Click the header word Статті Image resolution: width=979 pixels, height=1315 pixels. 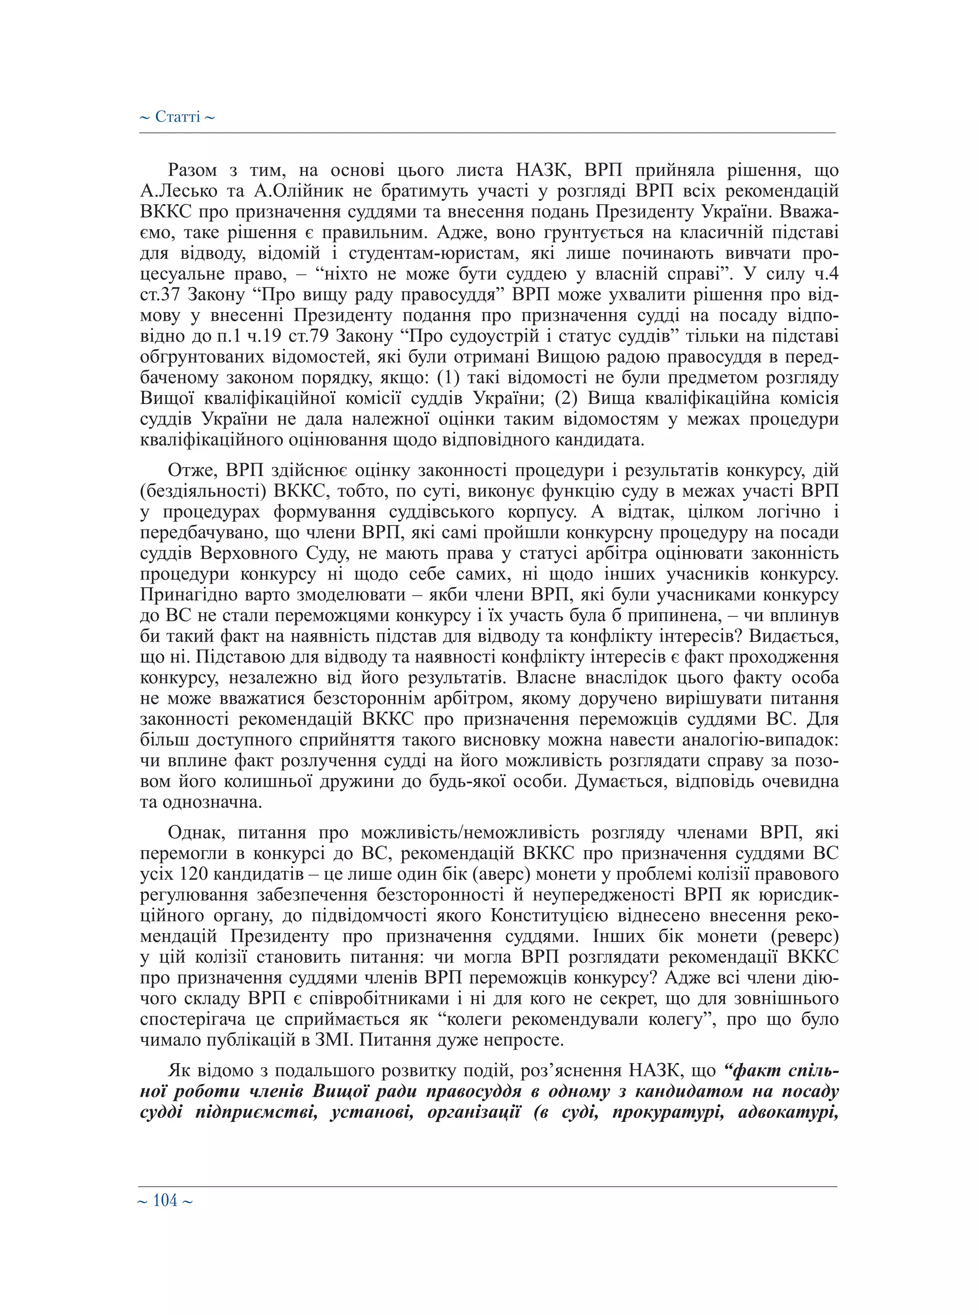[x=178, y=117]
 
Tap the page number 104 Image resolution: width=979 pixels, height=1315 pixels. [x=165, y=1201]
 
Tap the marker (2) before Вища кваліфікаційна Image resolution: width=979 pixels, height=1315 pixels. [x=566, y=399]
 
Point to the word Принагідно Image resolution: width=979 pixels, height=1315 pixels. [x=188, y=595]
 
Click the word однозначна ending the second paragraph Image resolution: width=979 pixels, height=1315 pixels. [x=211, y=803]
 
